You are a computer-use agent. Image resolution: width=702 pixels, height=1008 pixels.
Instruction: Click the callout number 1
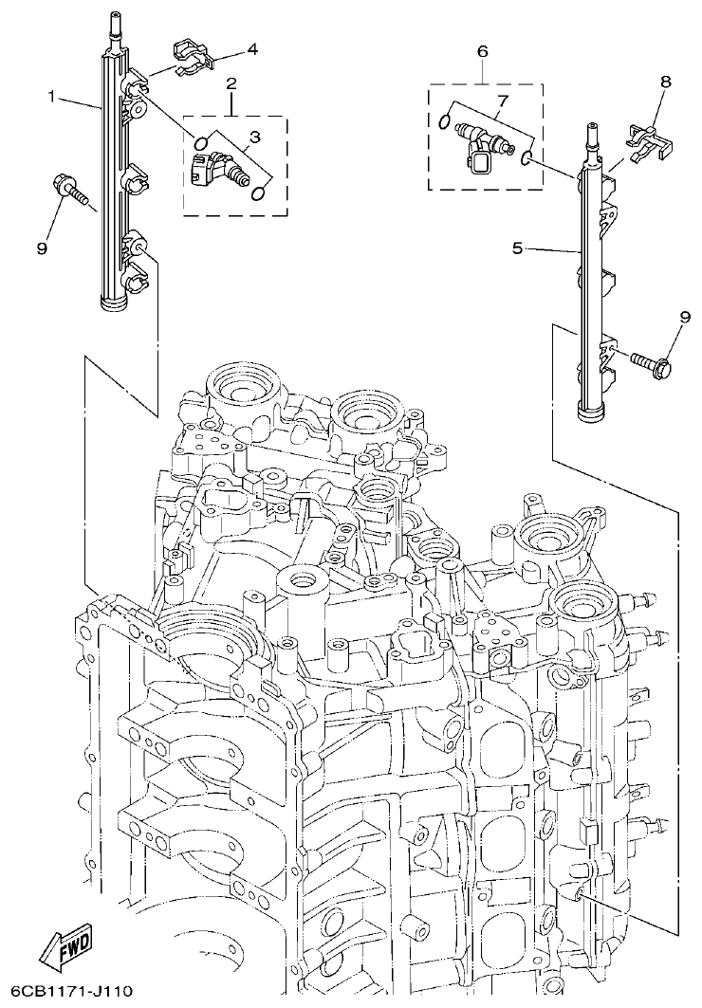(54, 96)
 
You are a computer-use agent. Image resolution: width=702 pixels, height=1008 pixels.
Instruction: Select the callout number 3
(254, 137)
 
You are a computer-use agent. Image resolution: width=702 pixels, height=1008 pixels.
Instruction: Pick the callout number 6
(482, 49)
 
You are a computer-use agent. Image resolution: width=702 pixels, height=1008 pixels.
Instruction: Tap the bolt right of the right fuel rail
(650, 361)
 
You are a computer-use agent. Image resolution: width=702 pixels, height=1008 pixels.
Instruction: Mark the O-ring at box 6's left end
(445, 119)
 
